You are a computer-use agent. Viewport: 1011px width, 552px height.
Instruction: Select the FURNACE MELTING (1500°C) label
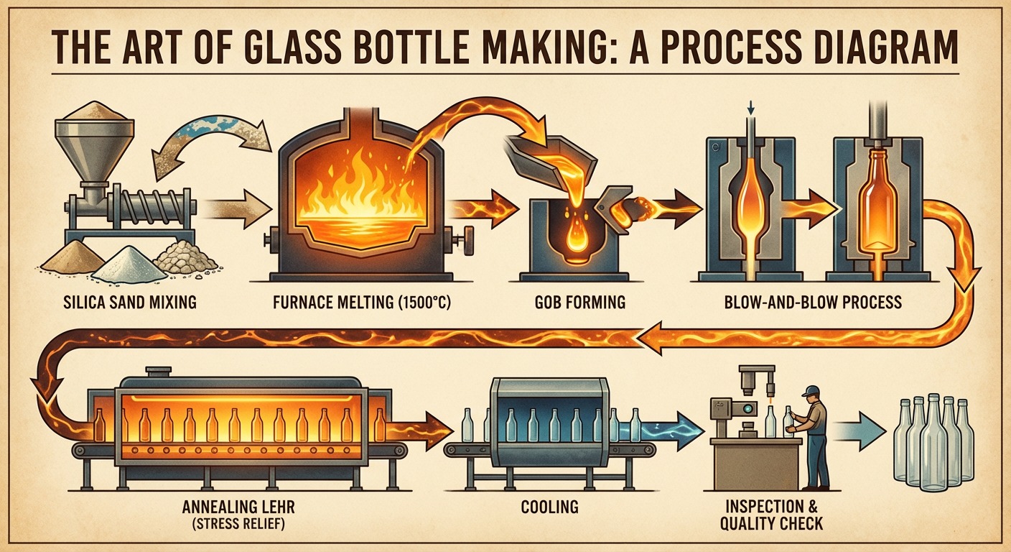tap(363, 303)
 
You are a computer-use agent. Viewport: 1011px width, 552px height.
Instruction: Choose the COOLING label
tap(550, 507)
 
